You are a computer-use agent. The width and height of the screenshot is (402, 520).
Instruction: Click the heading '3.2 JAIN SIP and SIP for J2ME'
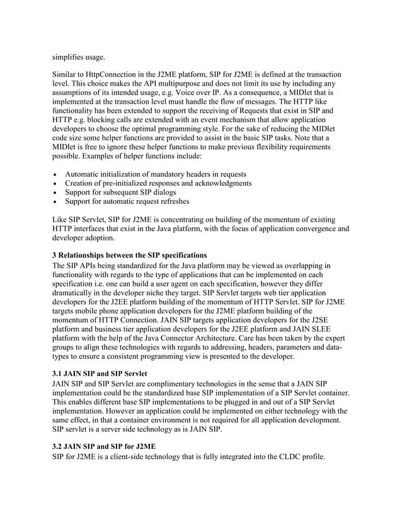coord(103,446)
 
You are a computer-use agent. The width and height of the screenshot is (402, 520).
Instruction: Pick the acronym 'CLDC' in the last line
coord(285,456)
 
